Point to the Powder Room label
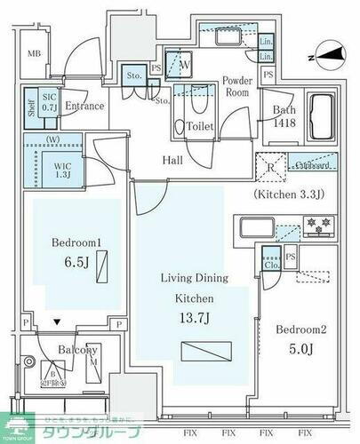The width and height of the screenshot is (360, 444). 238,84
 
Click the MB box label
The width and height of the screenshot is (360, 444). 33,53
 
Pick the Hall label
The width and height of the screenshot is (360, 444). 173,161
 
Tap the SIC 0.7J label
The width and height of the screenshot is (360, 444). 49,104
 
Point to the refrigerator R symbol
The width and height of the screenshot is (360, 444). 269,166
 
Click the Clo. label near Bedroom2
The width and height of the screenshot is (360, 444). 271,264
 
